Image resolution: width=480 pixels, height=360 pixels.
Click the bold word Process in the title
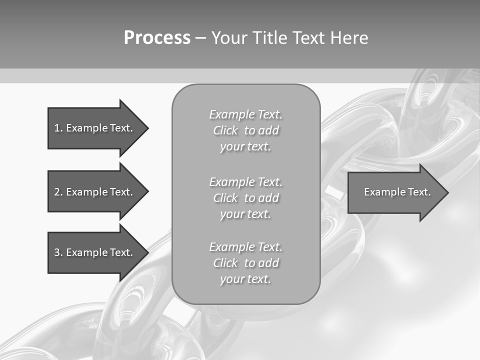(157, 38)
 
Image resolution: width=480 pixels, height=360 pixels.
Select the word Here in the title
(349, 38)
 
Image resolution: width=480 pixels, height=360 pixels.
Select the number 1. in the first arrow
(58, 128)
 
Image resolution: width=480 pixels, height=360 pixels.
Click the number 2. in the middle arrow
(58, 192)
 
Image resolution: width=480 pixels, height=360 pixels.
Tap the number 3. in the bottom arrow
(58, 252)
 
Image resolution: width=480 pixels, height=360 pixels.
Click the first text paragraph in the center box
(245, 130)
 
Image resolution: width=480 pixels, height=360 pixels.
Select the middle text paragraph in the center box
(245, 198)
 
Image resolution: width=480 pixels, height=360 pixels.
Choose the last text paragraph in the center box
(245, 263)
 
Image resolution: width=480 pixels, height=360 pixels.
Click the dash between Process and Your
(200, 38)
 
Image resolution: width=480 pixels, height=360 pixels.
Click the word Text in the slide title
(308, 38)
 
